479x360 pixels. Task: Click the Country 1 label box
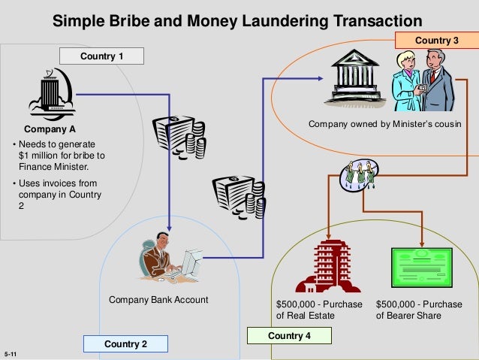click(x=101, y=56)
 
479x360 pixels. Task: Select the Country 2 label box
click(x=125, y=344)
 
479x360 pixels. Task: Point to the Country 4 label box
click(x=289, y=335)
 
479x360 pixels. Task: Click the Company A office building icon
click(x=50, y=95)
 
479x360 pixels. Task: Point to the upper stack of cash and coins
click(x=178, y=135)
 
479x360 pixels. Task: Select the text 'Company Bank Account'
click(x=158, y=301)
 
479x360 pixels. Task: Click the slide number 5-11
click(x=11, y=352)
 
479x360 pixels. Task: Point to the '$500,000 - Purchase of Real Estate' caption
click(x=319, y=310)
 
